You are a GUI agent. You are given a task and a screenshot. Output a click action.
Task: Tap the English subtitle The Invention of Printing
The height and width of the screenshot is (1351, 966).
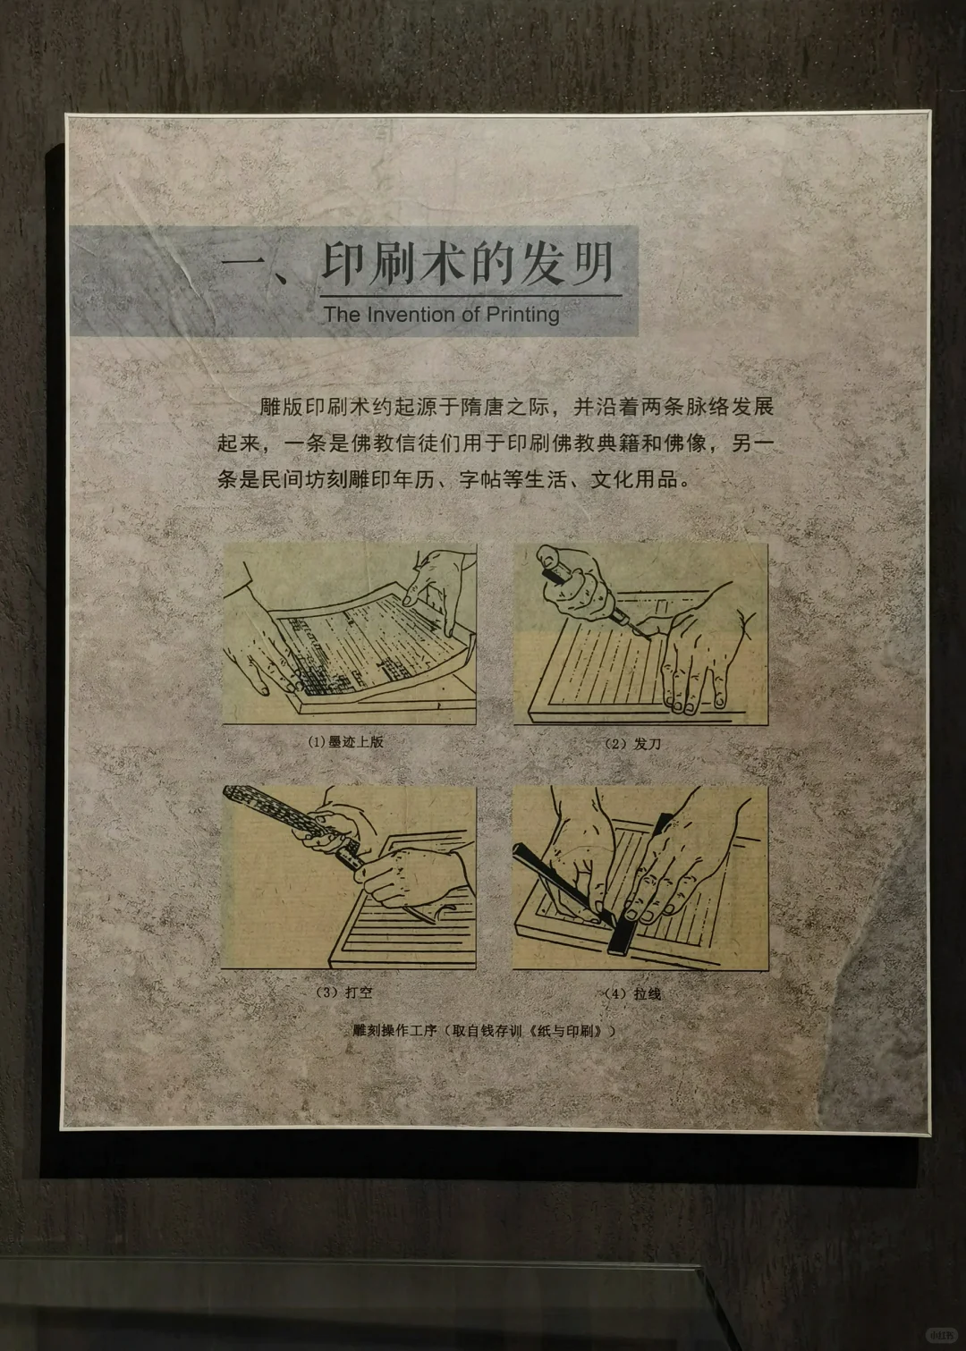[442, 315]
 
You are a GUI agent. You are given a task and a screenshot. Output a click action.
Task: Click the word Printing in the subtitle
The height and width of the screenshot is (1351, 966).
[523, 315]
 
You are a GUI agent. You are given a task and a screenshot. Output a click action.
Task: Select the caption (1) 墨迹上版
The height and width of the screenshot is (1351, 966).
[345, 741]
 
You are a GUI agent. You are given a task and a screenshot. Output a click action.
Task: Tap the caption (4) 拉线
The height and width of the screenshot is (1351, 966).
[632, 993]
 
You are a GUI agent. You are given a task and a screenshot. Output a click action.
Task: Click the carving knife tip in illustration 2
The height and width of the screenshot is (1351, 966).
[638, 629]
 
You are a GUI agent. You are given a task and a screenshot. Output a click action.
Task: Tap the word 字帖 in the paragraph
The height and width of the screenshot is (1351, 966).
[480, 479]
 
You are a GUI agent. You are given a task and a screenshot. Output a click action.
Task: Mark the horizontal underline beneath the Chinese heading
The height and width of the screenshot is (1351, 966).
[470, 295]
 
